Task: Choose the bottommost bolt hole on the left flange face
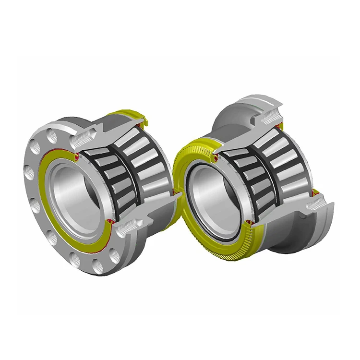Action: coord(98,267)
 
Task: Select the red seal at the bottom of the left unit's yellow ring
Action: coord(110,221)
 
